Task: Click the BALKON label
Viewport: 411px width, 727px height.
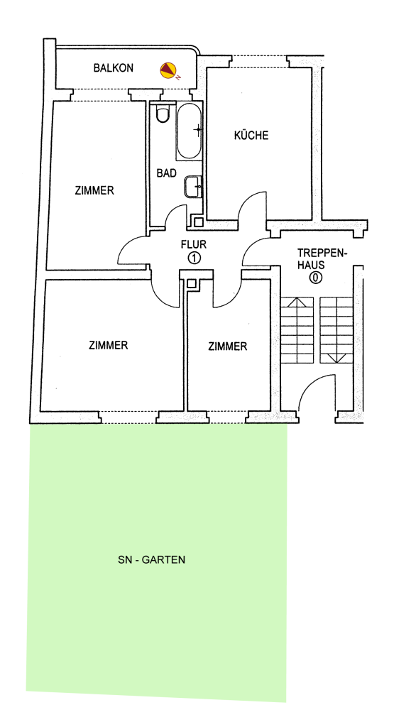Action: [x=113, y=68]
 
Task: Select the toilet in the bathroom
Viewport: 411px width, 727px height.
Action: [x=162, y=114]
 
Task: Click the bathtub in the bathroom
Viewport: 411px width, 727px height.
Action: [x=189, y=131]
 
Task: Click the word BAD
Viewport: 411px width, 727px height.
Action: [x=166, y=173]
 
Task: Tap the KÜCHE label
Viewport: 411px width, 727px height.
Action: [x=251, y=136]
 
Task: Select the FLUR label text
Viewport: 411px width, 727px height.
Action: [x=194, y=244]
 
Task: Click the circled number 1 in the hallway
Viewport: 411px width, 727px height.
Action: [x=194, y=258]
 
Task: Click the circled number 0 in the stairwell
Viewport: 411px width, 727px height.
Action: [x=316, y=278]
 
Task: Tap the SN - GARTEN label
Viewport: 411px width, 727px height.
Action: [x=151, y=559]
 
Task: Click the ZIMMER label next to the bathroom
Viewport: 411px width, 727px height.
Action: [x=94, y=190]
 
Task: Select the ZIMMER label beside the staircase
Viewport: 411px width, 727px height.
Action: [x=228, y=346]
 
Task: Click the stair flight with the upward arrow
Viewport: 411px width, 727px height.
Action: [x=297, y=329]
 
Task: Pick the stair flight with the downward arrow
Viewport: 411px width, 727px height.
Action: [x=336, y=329]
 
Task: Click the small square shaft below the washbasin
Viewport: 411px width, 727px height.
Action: [x=198, y=222]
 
